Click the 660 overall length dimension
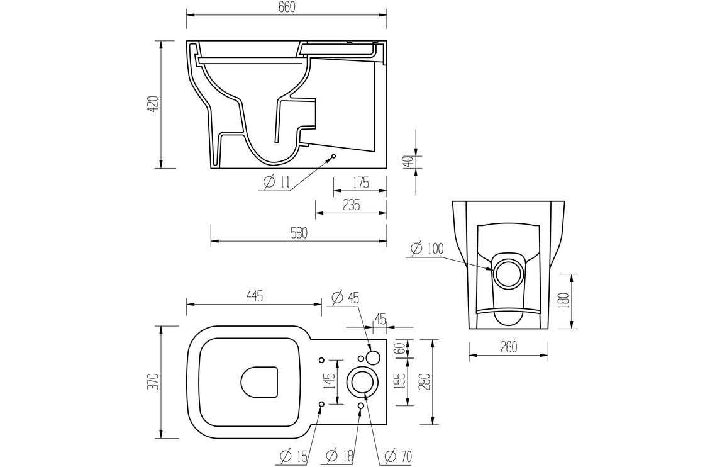click(x=286, y=7)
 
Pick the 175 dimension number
click(x=360, y=183)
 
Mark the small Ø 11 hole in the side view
click(x=333, y=156)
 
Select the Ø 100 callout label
click(x=427, y=249)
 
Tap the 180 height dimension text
click(x=563, y=301)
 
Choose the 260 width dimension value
click(x=508, y=347)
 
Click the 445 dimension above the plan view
click(x=253, y=295)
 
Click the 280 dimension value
click(x=426, y=381)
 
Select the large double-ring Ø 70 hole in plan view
click(x=361, y=381)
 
